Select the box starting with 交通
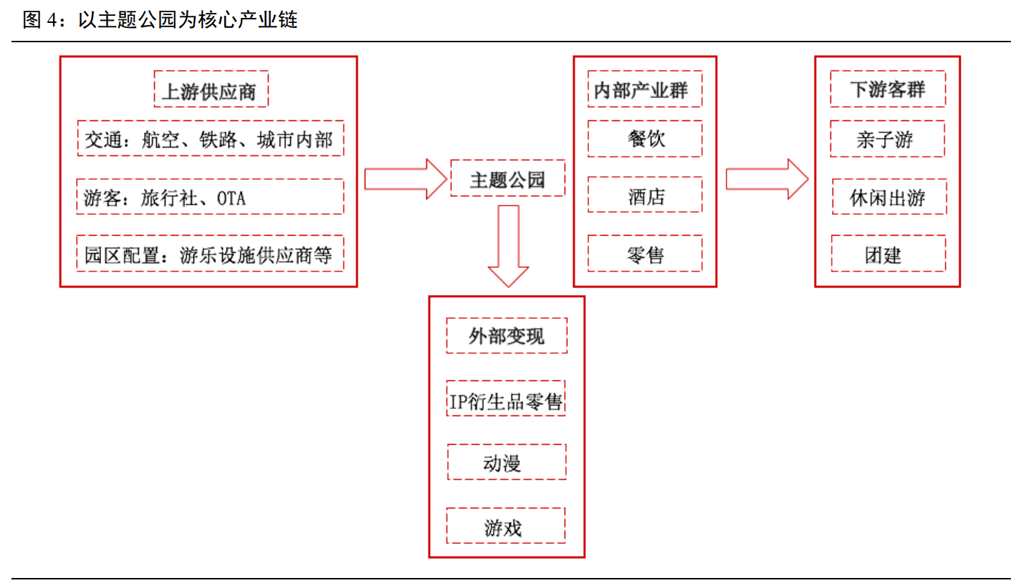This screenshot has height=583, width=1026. tap(210, 138)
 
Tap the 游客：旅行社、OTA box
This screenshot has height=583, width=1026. tap(210, 197)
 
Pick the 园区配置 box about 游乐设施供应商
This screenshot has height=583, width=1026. tap(210, 254)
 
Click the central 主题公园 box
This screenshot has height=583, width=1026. tap(507, 179)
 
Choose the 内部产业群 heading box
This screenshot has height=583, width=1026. tap(645, 89)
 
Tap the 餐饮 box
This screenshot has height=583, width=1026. tap(645, 138)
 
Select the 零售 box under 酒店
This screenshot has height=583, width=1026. tap(645, 254)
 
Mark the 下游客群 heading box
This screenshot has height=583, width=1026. tap(887, 89)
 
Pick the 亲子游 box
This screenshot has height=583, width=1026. tap(887, 138)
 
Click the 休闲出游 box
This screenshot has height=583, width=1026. tap(888, 197)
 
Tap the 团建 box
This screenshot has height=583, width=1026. tap(887, 254)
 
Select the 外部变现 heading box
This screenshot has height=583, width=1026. tap(507, 335)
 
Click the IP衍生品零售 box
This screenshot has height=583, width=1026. tap(506, 398)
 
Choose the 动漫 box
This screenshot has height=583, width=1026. tap(506, 462)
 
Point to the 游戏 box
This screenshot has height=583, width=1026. tap(506, 526)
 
